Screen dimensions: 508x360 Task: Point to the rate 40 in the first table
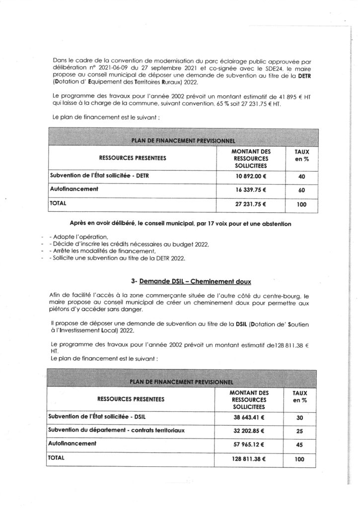301,176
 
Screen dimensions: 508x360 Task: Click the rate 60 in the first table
301,190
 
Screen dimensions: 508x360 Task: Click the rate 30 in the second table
300,418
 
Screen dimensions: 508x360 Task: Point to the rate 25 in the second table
300,431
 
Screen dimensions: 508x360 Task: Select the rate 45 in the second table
300,445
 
